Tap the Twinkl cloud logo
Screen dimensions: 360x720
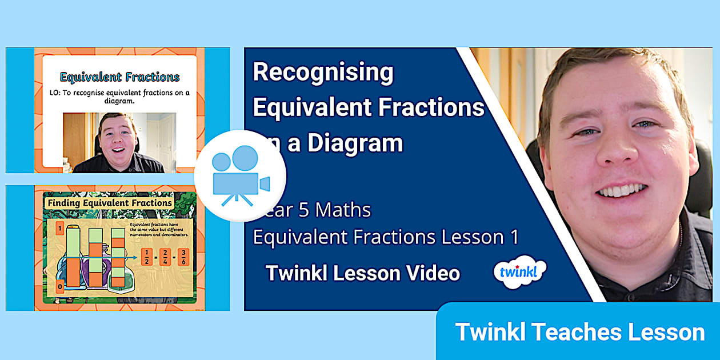coord(519,271)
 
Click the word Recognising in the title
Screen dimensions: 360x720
coord(323,72)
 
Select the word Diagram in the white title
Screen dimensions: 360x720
coord(355,143)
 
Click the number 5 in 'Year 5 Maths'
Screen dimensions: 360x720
coord(306,210)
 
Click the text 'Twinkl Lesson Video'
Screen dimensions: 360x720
coord(362,273)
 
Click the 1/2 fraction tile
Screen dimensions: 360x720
coord(146,257)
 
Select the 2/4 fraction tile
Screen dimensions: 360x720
coord(165,257)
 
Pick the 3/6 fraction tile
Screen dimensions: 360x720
coord(183,257)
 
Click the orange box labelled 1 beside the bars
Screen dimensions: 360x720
coord(59,229)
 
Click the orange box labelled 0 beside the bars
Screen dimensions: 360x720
coord(59,286)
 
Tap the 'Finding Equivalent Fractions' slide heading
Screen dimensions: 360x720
coord(110,203)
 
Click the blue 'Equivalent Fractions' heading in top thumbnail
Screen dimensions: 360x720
coord(119,77)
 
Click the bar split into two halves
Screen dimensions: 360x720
coord(73,258)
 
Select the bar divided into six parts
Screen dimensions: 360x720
coord(118,258)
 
